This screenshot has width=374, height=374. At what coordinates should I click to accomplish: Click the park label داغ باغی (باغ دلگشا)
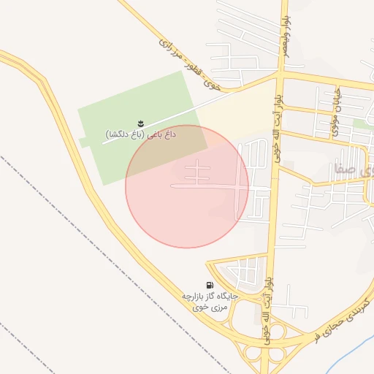click(x=145, y=134)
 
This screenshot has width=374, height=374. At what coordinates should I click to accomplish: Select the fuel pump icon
click(x=210, y=285)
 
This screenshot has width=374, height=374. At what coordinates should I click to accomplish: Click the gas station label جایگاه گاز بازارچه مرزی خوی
click(x=207, y=301)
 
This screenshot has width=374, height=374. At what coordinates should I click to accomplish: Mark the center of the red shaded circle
click(x=187, y=186)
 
